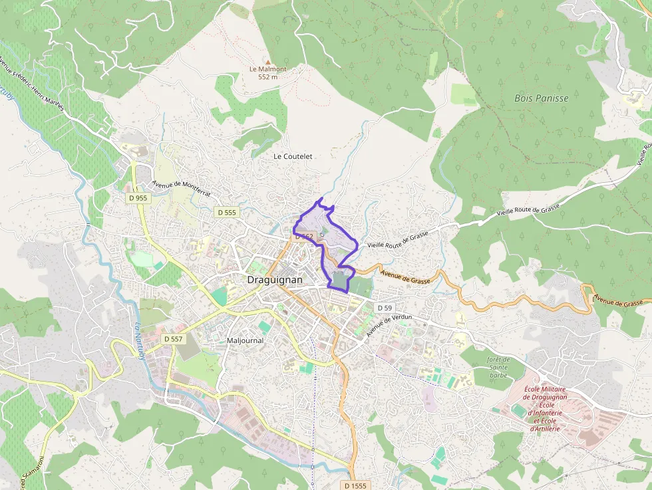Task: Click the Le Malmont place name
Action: coord(267,69)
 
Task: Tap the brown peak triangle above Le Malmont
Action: coord(268,61)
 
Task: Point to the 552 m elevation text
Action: coord(267,77)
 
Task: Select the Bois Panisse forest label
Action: coord(541,98)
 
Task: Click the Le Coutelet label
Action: coord(293,156)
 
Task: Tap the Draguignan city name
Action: coord(274,280)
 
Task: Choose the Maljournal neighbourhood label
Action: coord(245,340)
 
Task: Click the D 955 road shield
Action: coord(138,197)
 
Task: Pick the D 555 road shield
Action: coord(226,212)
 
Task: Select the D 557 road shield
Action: coord(173,338)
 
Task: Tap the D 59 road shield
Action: coord(385,308)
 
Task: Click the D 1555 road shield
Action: coord(357,485)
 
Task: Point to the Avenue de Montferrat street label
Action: coord(181,189)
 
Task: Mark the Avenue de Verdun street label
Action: coord(389,325)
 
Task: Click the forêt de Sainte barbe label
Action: coord(498,367)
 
